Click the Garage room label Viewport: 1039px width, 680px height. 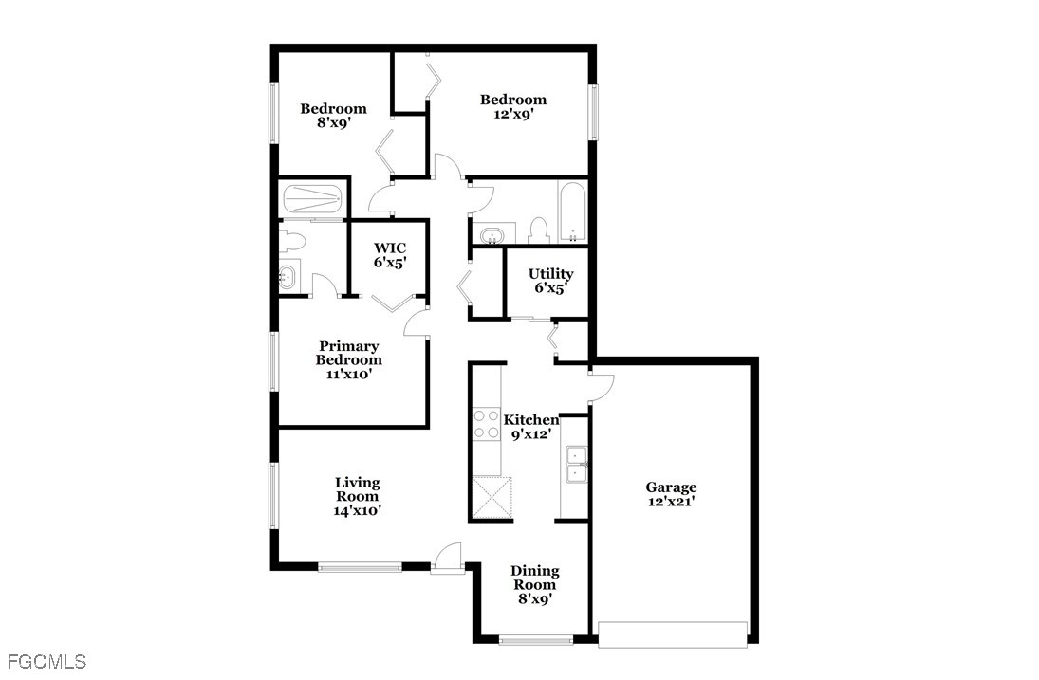(x=671, y=487)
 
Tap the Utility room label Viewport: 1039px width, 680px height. (x=550, y=274)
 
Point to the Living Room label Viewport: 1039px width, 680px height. (x=357, y=483)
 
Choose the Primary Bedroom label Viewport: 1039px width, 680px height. (x=349, y=353)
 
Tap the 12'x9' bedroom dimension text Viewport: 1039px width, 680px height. (x=512, y=114)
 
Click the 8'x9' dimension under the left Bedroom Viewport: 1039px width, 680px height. (x=333, y=122)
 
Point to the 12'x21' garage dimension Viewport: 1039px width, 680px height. (x=671, y=502)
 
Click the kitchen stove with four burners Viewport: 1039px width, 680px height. (x=487, y=423)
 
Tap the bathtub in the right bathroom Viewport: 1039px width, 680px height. (x=573, y=211)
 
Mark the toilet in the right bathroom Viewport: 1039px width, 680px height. (x=538, y=230)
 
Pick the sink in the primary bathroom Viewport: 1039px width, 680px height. (x=288, y=278)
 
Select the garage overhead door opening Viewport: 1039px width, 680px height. (x=673, y=634)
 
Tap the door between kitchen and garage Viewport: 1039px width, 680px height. (x=602, y=388)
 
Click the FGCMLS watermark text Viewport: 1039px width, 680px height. (x=45, y=661)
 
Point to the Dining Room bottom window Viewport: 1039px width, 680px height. (x=536, y=641)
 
